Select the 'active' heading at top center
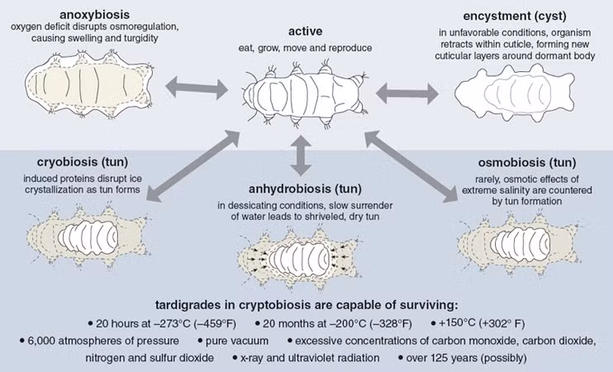click(x=306, y=31)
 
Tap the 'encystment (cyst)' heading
click(x=508, y=14)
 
